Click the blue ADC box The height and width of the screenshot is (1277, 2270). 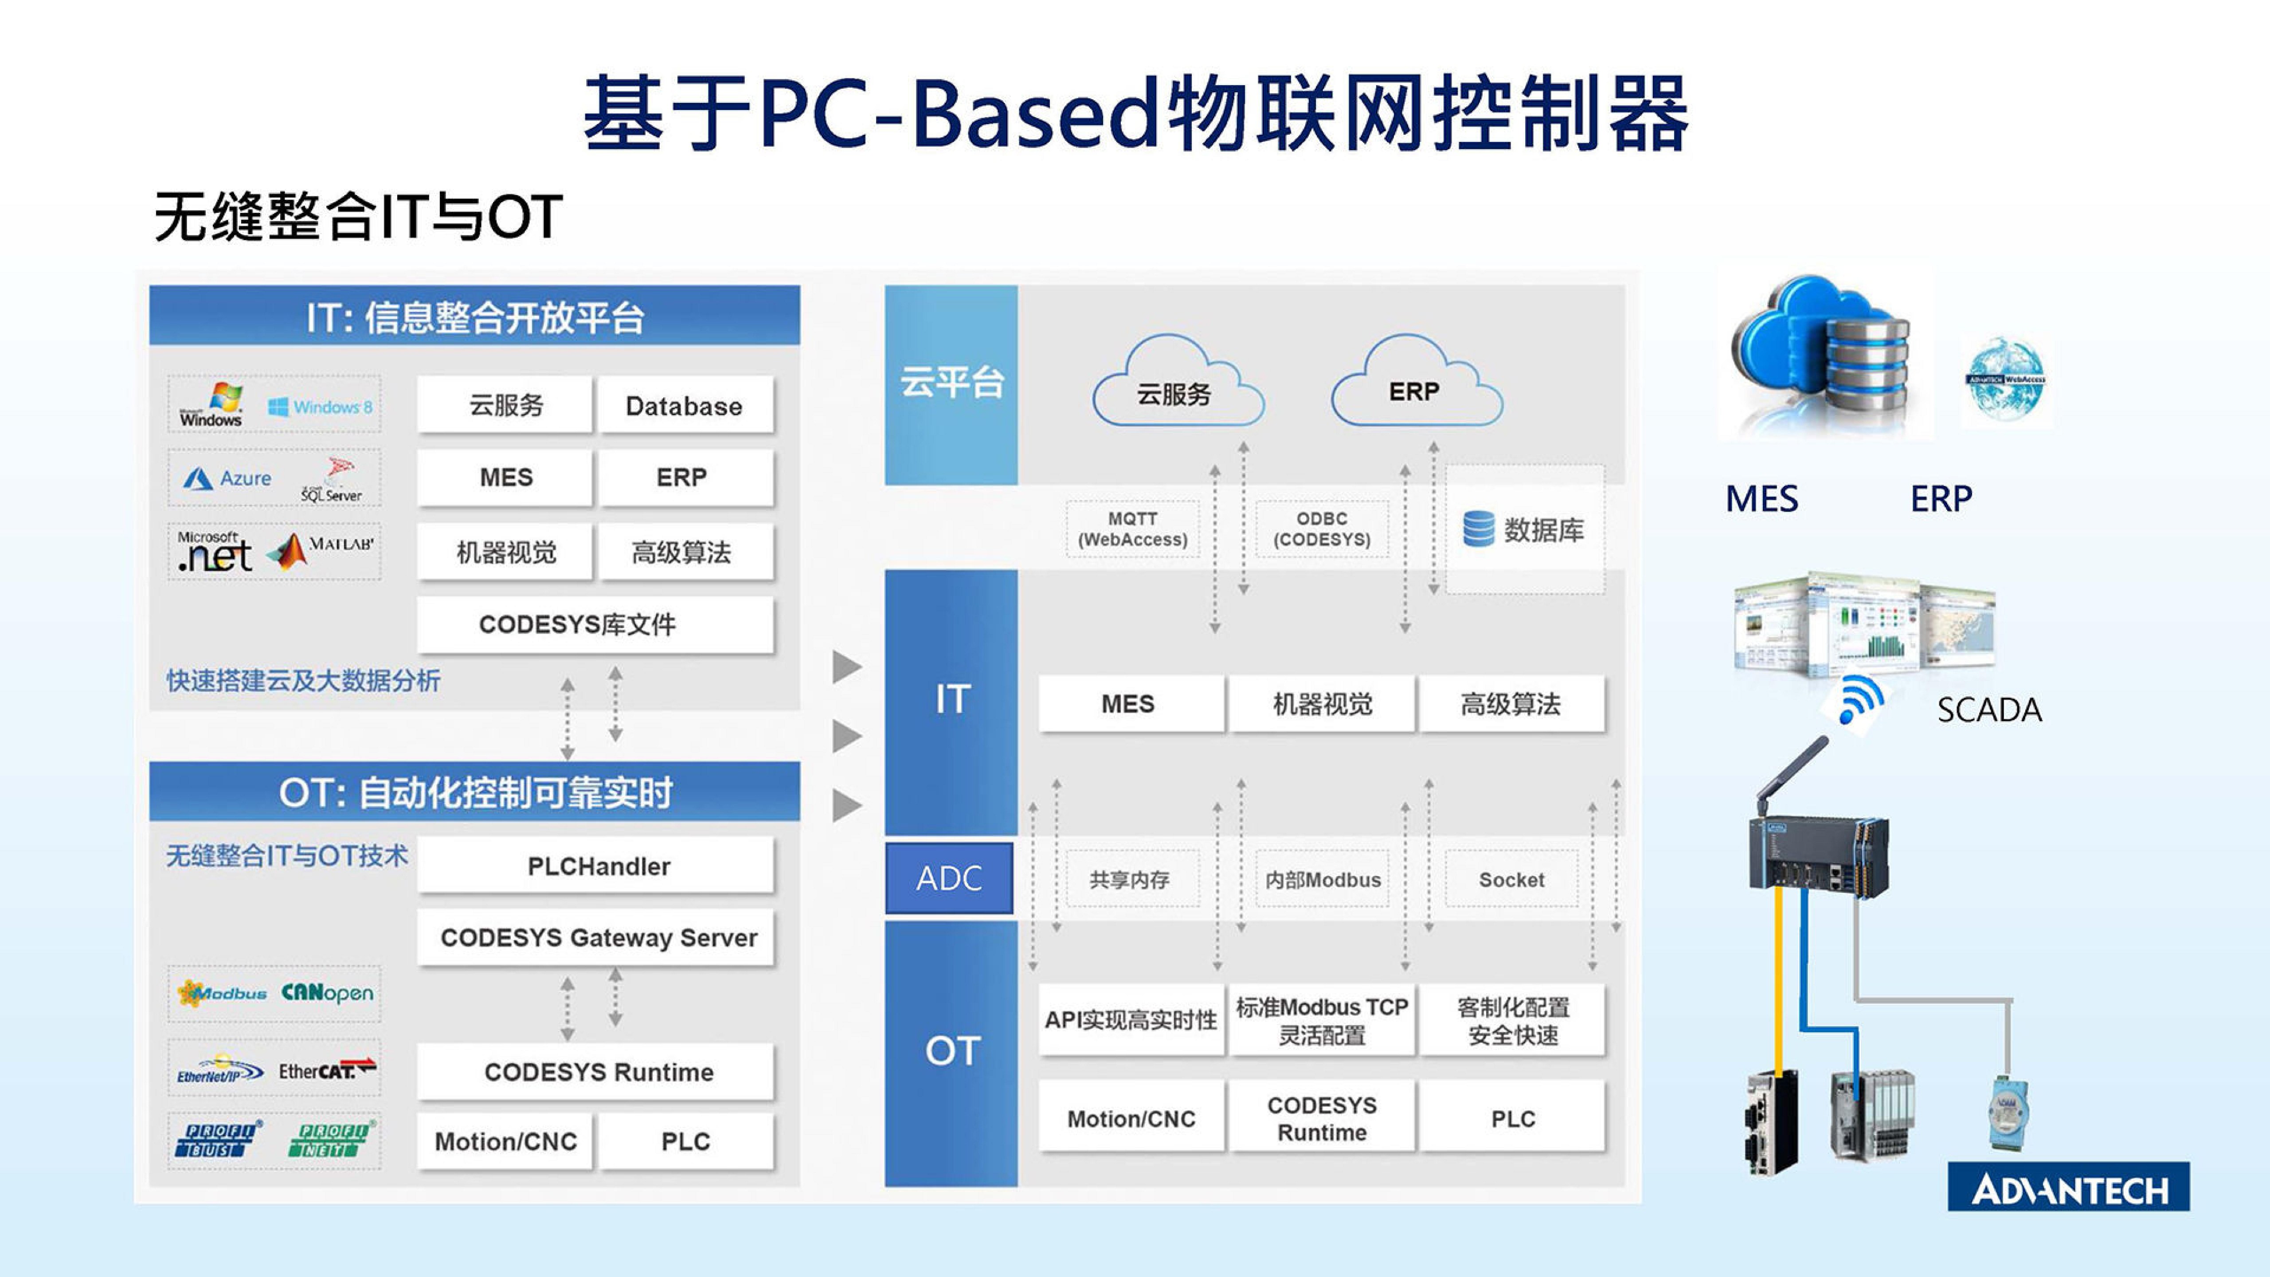pos(949,878)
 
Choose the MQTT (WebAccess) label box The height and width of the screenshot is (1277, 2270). pos(1132,529)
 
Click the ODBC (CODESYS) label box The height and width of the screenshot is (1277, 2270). pos(1322,529)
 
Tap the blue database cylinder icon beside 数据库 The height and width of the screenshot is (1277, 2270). pos(1478,529)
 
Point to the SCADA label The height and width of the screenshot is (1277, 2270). pos(1989,709)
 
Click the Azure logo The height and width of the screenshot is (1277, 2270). pos(227,478)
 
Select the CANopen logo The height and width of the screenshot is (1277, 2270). pos(327,993)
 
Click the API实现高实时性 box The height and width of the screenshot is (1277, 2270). pos(1131,1020)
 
